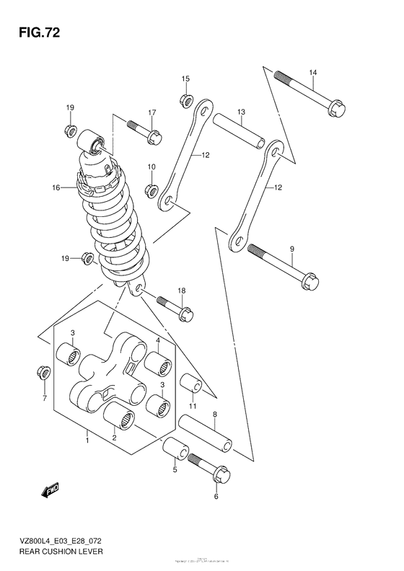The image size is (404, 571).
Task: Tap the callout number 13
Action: (241, 112)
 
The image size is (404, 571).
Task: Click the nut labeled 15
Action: (185, 98)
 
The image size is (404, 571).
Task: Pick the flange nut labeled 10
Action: (151, 190)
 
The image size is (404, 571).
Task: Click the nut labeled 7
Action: (43, 373)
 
